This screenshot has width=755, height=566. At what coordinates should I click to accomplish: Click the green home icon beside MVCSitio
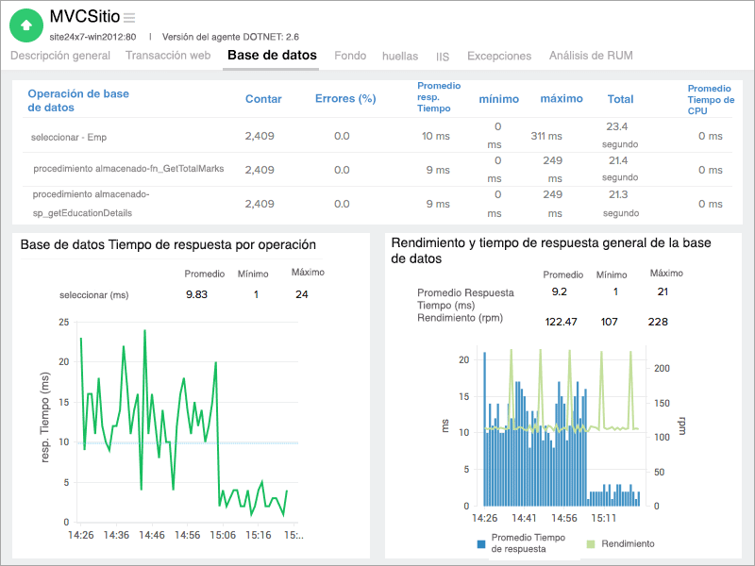(25, 25)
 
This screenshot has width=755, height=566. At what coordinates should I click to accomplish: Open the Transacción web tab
(168, 56)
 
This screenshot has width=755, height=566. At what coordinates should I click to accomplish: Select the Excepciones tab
(500, 56)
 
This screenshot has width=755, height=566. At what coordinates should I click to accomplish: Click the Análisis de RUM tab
(591, 56)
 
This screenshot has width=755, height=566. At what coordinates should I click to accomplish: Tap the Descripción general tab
(60, 56)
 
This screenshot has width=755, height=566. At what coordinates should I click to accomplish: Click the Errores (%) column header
(345, 99)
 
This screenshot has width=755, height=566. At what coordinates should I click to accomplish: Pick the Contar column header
(263, 99)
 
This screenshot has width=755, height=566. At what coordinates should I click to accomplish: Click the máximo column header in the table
(562, 99)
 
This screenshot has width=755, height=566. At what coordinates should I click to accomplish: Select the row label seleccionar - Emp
(69, 137)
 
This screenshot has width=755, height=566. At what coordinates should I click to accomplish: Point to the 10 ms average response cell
(435, 136)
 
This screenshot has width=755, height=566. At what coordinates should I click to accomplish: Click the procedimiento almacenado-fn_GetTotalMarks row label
(128, 169)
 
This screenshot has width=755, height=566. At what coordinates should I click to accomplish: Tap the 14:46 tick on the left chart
(151, 535)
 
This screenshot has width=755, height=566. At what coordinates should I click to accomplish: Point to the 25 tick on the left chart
(63, 322)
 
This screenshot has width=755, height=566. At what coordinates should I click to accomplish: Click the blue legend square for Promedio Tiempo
(481, 543)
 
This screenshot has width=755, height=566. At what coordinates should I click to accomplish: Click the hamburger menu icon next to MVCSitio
(129, 18)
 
